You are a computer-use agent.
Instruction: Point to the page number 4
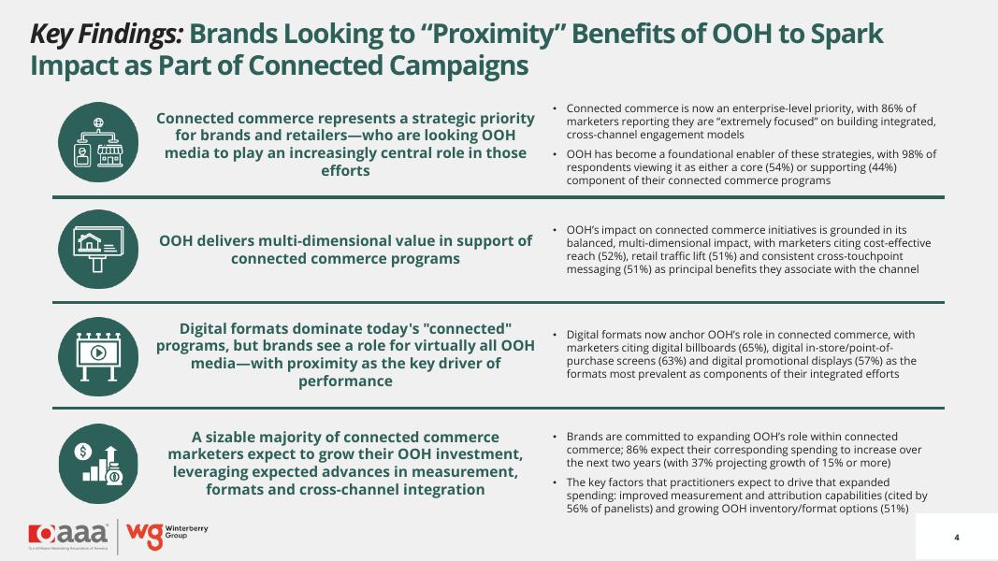point(957,538)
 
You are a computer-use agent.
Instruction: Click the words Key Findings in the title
point(107,35)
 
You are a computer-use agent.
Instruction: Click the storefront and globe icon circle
point(98,142)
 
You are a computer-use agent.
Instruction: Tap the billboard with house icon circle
point(98,250)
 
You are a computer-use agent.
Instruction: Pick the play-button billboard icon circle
point(98,357)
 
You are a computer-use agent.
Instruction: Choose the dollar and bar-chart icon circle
point(98,464)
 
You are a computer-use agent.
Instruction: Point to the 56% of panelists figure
point(577,509)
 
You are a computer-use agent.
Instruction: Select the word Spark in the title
point(846,35)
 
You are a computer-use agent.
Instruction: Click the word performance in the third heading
point(346,381)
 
